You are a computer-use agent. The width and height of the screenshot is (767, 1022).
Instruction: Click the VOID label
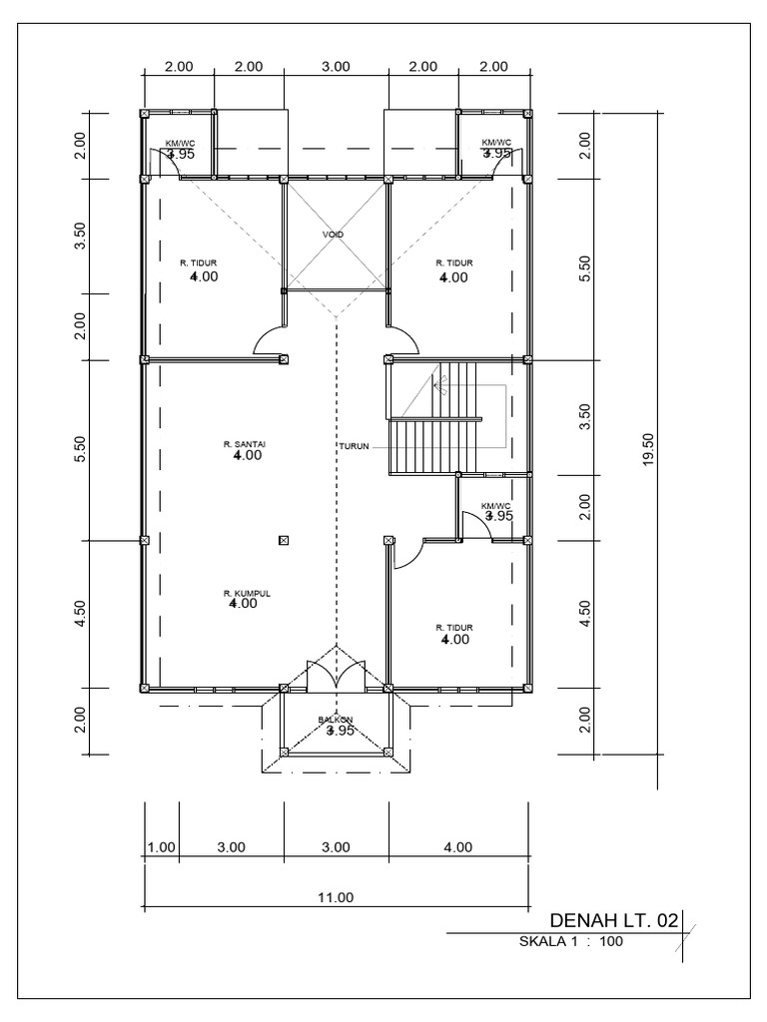(333, 235)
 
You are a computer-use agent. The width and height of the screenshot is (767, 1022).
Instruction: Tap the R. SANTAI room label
(244, 443)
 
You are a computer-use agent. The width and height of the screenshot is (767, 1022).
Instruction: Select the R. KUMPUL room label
(247, 593)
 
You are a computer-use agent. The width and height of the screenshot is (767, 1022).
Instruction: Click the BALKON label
(336, 719)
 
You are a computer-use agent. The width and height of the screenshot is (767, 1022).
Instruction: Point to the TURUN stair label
(355, 446)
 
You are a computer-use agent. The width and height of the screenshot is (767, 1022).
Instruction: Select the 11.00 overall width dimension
(336, 896)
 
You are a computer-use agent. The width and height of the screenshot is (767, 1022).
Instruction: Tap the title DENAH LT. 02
(612, 919)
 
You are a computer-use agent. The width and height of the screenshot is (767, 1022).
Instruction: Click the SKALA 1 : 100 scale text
(571, 940)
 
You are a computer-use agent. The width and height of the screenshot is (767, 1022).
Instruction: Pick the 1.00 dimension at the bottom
(161, 847)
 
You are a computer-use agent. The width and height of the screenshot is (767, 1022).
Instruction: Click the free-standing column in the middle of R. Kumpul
(284, 541)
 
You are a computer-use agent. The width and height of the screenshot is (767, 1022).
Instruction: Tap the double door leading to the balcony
(336, 670)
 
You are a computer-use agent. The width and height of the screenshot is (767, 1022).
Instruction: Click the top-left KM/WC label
(181, 143)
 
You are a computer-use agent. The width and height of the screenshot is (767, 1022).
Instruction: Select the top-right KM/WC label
(496, 143)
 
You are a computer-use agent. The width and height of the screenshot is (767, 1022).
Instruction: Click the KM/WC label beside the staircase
(496, 506)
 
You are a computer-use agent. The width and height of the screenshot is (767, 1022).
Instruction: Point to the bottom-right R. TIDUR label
(453, 628)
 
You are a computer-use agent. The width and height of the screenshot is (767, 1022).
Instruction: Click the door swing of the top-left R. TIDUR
(270, 341)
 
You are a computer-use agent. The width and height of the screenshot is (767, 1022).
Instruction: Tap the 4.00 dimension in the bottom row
(457, 847)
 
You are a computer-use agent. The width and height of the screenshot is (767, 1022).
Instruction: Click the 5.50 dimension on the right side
(586, 269)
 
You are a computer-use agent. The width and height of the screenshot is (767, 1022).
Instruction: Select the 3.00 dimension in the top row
(336, 67)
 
